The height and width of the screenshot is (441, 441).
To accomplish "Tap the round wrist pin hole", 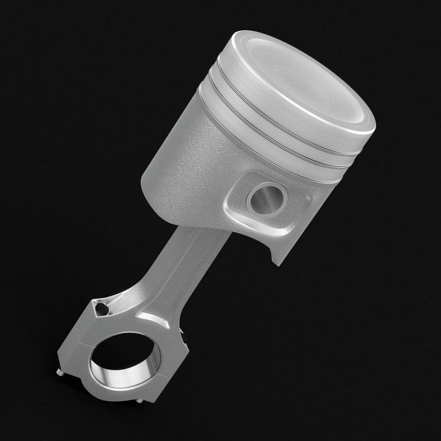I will point(266,199).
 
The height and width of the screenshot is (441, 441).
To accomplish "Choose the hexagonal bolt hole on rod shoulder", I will point(101,309).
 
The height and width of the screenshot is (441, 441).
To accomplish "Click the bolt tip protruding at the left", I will point(60,373).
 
